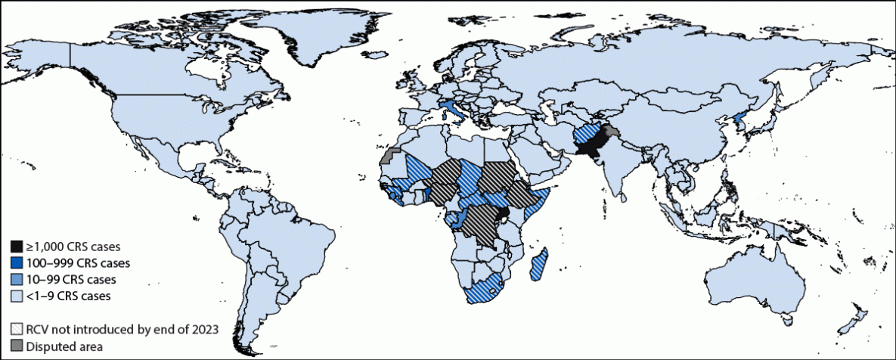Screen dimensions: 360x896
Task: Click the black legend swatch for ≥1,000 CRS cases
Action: click(x=16, y=247)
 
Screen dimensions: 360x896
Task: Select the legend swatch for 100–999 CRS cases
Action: click(x=16, y=263)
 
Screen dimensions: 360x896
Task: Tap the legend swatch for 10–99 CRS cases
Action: click(x=16, y=279)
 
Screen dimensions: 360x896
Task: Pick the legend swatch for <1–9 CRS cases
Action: click(x=16, y=296)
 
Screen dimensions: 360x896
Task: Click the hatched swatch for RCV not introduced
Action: click(x=16, y=329)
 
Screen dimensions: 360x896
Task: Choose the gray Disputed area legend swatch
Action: click(x=16, y=346)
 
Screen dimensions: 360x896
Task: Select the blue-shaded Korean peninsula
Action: click(x=743, y=123)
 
